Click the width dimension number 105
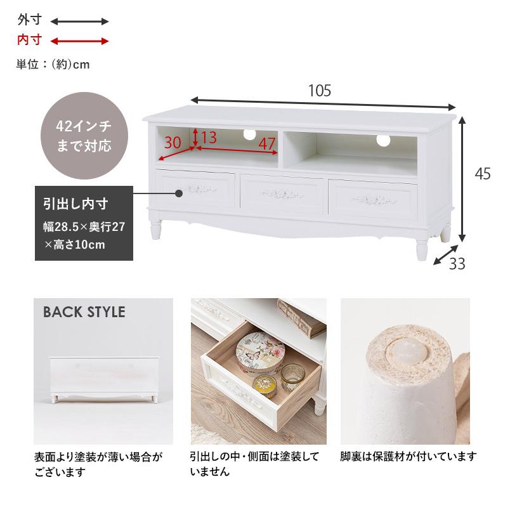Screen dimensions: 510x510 320,91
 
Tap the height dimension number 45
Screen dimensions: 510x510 483,174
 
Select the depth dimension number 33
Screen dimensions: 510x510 457,264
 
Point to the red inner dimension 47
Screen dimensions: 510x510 267,143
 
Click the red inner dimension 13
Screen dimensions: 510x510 209,137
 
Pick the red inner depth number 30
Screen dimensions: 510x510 173,143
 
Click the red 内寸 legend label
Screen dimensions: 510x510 30,40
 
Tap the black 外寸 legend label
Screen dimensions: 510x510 30,20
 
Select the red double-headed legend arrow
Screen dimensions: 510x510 79,41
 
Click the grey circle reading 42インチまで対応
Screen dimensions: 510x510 84,136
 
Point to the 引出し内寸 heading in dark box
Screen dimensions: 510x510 75,204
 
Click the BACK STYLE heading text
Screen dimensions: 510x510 84,312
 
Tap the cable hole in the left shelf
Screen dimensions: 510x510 249,134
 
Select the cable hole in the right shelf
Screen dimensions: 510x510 383,140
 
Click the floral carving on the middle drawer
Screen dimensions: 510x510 282,194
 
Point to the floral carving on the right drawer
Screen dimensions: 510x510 374,200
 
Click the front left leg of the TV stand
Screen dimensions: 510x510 156,229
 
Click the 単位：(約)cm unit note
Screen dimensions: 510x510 53,65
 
